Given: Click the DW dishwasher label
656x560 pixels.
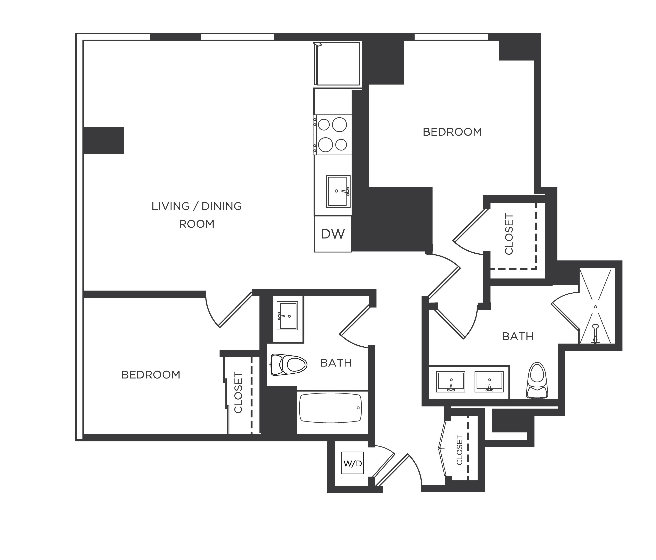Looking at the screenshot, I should [x=332, y=234].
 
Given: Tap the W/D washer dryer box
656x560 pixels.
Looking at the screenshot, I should [x=352, y=464].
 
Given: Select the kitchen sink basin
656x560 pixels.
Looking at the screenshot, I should [x=338, y=191].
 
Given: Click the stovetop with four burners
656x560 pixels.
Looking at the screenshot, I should [x=332, y=134].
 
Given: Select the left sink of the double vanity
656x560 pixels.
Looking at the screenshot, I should [x=451, y=382].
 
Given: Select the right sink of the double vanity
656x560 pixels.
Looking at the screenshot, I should [x=489, y=382].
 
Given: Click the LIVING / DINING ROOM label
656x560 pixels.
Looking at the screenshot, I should [x=197, y=215].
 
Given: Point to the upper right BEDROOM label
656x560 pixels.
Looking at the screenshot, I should [x=452, y=132].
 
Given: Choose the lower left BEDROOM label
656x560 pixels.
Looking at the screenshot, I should [x=151, y=375].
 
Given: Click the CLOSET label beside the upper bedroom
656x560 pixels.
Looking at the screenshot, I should [x=509, y=234].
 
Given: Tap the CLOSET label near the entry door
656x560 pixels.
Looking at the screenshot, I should [x=460, y=450].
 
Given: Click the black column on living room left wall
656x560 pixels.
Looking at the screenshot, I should [x=104, y=141].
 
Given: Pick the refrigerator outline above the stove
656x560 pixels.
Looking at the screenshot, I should [x=338, y=63].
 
